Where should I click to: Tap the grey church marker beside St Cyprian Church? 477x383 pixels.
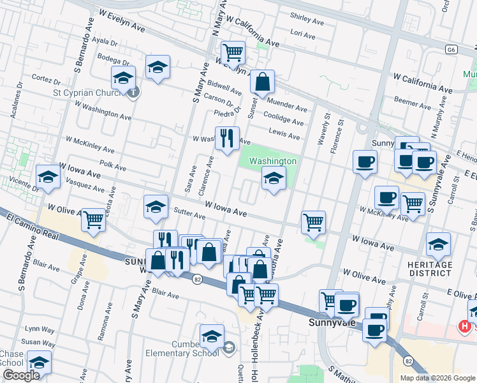point(133,93)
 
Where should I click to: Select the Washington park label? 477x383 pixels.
point(273,161)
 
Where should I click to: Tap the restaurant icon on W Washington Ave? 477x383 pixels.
point(226,137)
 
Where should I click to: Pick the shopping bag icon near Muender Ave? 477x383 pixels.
point(261,82)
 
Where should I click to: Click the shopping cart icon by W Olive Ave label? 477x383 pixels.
point(93,220)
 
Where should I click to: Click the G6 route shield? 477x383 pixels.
point(451,49)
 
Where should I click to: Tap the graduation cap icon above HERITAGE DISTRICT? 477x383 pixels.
point(438,244)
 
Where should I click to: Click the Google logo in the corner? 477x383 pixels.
point(21,376)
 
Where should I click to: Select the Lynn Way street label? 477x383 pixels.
point(40,329)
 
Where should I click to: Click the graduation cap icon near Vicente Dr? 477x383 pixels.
point(48,177)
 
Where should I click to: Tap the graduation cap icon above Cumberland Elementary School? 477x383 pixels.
point(212,336)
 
